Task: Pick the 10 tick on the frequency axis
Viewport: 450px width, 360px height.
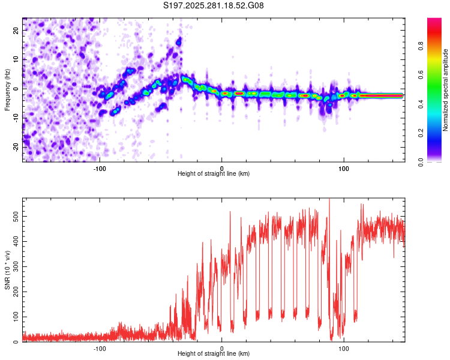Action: coord(17,59)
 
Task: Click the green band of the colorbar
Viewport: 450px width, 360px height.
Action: coord(434,101)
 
